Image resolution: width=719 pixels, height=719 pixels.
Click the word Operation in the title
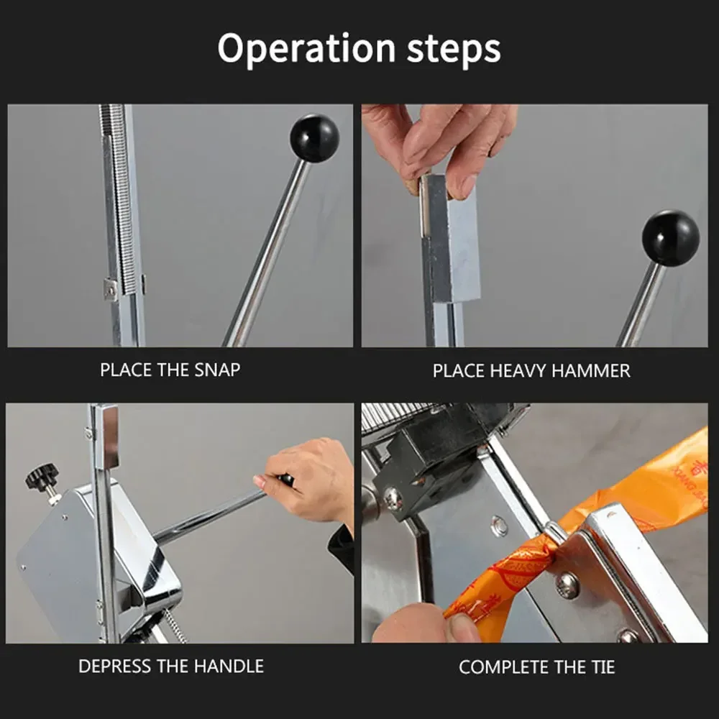(x=306, y=49)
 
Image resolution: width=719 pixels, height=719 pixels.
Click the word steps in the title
(x=454, y=49)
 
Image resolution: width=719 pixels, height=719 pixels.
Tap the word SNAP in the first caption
(x=217, y=370)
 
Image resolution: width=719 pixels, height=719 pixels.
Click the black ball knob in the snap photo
(x=315, y=137)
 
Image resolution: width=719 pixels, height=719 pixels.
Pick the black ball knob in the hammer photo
(x=670, y=239)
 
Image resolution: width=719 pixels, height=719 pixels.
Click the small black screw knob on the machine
(x=42, y=476)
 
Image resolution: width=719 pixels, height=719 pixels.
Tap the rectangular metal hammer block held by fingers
(x=451, y=239)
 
